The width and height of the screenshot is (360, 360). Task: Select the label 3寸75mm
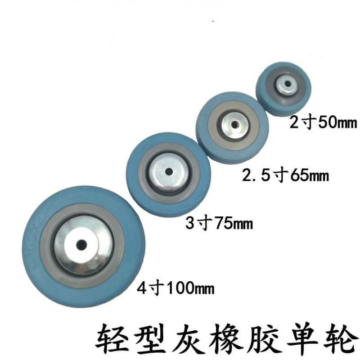(219, 222)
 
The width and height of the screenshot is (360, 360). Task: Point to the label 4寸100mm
(175, 286)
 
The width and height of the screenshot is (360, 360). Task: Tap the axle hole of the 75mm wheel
(167, 171)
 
